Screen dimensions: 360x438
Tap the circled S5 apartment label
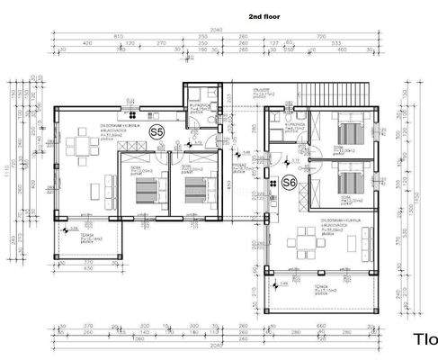[157, 132]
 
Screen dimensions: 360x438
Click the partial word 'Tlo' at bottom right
[425, 339]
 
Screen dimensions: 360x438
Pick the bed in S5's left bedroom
[143, 190]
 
